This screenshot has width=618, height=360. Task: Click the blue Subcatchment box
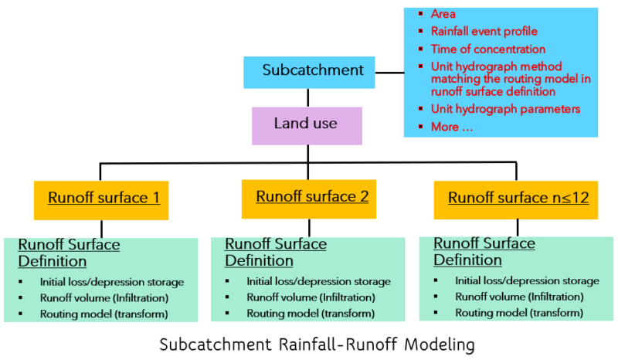point(313,71)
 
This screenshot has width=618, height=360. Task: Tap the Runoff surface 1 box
point(104,198)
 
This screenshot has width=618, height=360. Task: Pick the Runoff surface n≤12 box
point(518,198)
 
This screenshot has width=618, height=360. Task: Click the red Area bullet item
point(443,14)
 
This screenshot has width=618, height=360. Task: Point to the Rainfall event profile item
point(484,32)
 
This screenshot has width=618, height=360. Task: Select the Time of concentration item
point(488,49)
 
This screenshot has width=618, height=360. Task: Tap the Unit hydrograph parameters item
point(505,109)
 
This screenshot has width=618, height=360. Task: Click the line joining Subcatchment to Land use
point(307,97)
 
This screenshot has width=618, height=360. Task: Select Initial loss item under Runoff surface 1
point(111,281)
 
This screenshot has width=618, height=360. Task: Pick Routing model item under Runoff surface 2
point(311,314)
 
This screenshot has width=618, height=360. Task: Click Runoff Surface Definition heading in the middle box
point(275,252)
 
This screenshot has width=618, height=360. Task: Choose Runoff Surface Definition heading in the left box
point(69,253)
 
